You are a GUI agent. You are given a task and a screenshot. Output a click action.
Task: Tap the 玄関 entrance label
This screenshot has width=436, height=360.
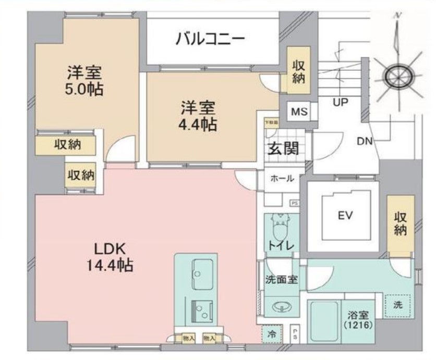283,148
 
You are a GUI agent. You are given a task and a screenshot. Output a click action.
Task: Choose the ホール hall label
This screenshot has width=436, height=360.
282,179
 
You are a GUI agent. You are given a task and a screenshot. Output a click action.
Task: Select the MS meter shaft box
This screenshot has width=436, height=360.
299,112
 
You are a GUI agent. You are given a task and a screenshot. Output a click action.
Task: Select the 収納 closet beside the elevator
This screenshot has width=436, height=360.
400,224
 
